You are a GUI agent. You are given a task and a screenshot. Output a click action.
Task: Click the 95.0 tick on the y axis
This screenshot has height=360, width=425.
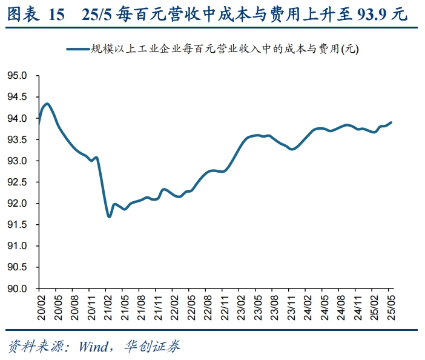(x=18, y=76)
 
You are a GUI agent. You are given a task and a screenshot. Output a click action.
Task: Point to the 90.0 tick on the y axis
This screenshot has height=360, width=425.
(x=18, y=288)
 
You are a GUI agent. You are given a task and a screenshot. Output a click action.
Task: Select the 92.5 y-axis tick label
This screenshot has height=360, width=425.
(x=18, y=182)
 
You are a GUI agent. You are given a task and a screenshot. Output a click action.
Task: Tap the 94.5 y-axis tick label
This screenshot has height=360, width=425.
(x=18, y=97)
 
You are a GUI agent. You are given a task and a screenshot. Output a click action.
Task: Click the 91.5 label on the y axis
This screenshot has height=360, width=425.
(x=18, y=225)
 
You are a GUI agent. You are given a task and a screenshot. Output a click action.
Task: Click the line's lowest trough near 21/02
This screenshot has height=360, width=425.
(x=109, y=216)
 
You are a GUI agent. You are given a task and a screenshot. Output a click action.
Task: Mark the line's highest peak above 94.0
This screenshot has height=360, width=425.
(x=47, y=104)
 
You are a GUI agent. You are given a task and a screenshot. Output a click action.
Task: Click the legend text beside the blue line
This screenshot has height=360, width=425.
(x=224, y=50)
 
